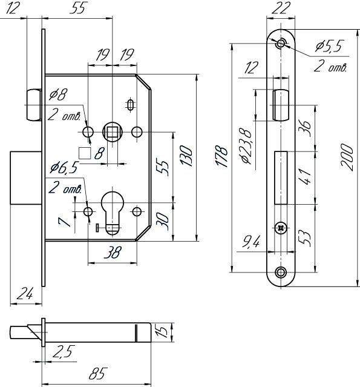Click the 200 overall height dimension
347,157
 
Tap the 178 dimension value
221,157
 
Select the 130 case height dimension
186,156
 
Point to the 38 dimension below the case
113,252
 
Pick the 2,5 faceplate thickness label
64,351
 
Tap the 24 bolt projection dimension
25,294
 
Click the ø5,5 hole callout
329,45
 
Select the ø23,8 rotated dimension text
246,146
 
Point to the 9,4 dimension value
250,242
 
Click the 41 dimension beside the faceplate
305,176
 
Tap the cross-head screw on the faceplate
281,228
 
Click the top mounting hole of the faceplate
281,44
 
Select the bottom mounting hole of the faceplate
281,273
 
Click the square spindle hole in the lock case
112,132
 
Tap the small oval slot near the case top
130,105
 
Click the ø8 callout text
58,94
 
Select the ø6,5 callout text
64,168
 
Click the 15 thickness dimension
162,331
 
